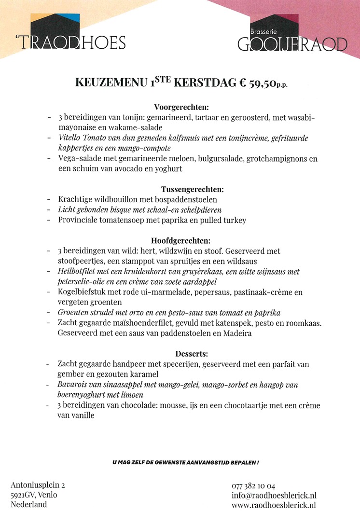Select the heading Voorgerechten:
coord(181,107)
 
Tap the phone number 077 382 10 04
coord(253,485)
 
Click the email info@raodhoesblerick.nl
coord(274,495)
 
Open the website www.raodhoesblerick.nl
coord(274,505)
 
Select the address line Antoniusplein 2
coord(38,485)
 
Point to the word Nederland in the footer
coord(28,505)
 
